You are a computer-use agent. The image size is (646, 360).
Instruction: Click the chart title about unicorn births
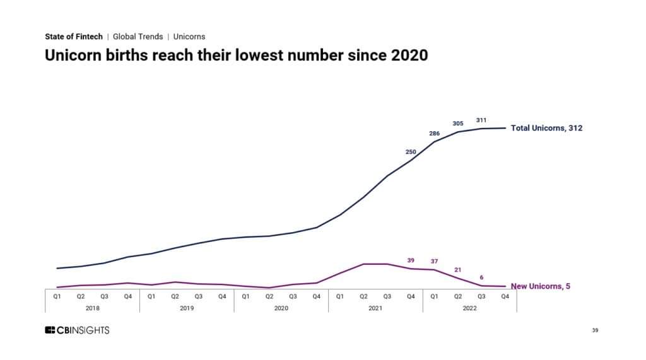(236, 55)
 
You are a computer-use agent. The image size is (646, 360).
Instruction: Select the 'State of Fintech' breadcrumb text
(73, 37)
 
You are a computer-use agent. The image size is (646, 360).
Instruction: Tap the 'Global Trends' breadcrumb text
(138, 37)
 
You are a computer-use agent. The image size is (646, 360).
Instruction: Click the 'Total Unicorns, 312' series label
(546, 128)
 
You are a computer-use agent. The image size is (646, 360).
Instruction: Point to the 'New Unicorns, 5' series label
(541, 286)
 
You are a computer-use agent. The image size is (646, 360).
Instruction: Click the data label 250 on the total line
(411, 151)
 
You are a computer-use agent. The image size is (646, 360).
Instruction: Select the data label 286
(434, 134)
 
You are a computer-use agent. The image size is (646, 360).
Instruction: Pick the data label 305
(458, 124)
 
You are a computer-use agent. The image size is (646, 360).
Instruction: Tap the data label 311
(481, 120)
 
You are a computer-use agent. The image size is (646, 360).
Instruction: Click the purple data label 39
(411, 260)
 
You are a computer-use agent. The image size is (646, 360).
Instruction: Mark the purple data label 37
(434, 261)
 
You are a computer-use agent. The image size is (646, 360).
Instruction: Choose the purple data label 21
(458, 270)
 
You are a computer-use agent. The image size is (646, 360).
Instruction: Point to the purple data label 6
(481, 277)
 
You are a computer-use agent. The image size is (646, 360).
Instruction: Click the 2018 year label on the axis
(93, 308)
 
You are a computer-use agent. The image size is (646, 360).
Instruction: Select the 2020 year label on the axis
(281, 308)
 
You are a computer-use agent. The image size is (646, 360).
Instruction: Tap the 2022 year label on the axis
(469, 308)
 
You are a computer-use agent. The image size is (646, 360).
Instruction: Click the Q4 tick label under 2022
(505, 296)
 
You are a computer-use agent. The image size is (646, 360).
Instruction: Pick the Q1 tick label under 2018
(57, 296)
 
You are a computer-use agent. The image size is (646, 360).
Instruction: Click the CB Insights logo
(77, 330)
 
